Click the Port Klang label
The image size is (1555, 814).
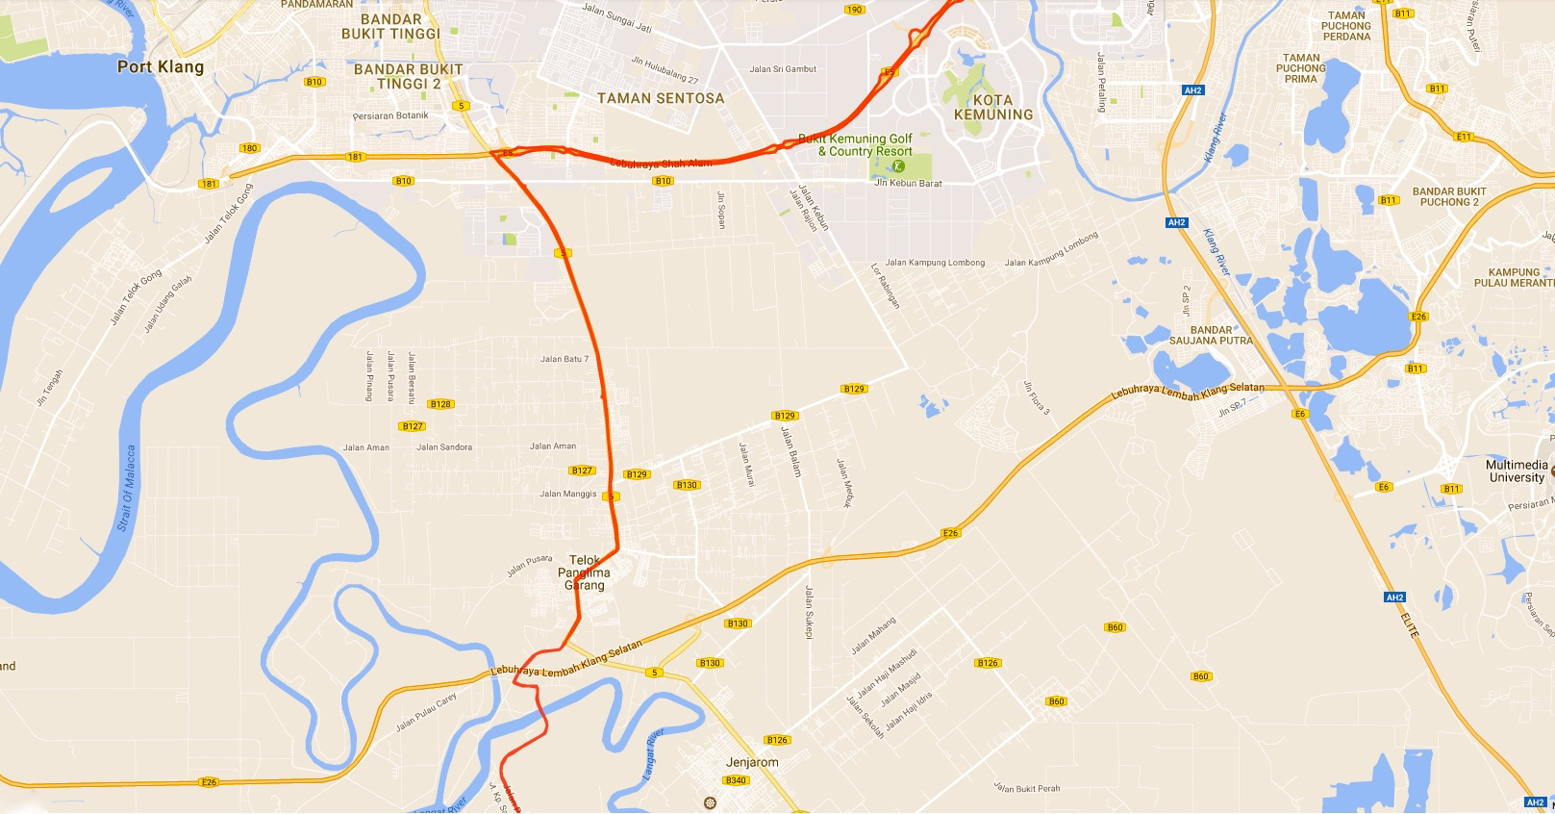tap(161, 66)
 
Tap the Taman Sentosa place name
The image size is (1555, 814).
tap(661, 98)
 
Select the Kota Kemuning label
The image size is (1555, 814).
tap(993, 107)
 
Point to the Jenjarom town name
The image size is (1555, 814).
tap(752, 762)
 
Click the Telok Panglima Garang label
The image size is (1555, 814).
tap(584, 572)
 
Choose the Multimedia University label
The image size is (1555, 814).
tap(1517, 471)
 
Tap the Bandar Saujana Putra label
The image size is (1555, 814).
tap(1211, 335)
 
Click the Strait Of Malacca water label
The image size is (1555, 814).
tap(126, 488)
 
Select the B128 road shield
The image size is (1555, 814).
tap(440, 404)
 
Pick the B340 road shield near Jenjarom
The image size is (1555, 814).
tap(736, 780)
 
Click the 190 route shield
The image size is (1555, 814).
tap(854, 10)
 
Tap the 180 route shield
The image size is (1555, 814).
tap(250, 148)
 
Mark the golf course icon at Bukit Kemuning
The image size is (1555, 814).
tap(899, 165)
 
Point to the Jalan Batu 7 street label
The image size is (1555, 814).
tap(564, 359)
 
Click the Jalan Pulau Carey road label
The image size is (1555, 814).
tap(426, 712)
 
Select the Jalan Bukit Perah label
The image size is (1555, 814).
tap(1027, 788)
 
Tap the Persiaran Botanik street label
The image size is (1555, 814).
tap(390, 115)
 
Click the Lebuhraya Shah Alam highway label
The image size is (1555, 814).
tap(662, 164)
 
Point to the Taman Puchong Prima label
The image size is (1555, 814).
tap(1301, 68)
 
